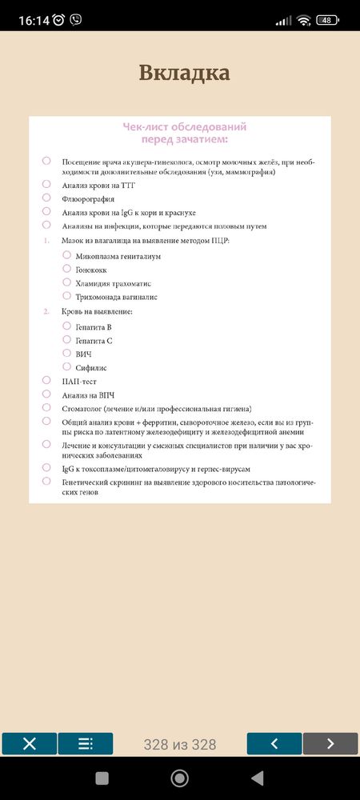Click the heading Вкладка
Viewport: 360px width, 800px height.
[x=184, y=73]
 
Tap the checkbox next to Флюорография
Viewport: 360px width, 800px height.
[x=46, y=198]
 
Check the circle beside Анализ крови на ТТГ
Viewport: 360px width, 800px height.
[x=46, y=184]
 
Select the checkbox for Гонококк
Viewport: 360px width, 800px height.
[x=67, y=269]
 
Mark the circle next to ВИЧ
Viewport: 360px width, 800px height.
[x=67, y=353]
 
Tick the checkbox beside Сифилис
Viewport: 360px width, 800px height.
[x=67, y=366]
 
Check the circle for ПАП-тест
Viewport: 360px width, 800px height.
[x=46, y=380]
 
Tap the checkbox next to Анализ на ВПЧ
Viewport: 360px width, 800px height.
[x=46, y=394]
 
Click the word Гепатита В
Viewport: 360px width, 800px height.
[x=94, y=326]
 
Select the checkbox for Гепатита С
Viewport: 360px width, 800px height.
[x=67, y=339]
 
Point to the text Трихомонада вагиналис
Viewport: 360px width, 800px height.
[x=116, y=297]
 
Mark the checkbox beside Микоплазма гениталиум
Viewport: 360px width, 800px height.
[x=67, y=255]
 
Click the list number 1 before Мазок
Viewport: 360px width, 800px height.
[x=46, y=241]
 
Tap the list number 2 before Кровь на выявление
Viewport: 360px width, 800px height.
[x=46, y=310]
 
